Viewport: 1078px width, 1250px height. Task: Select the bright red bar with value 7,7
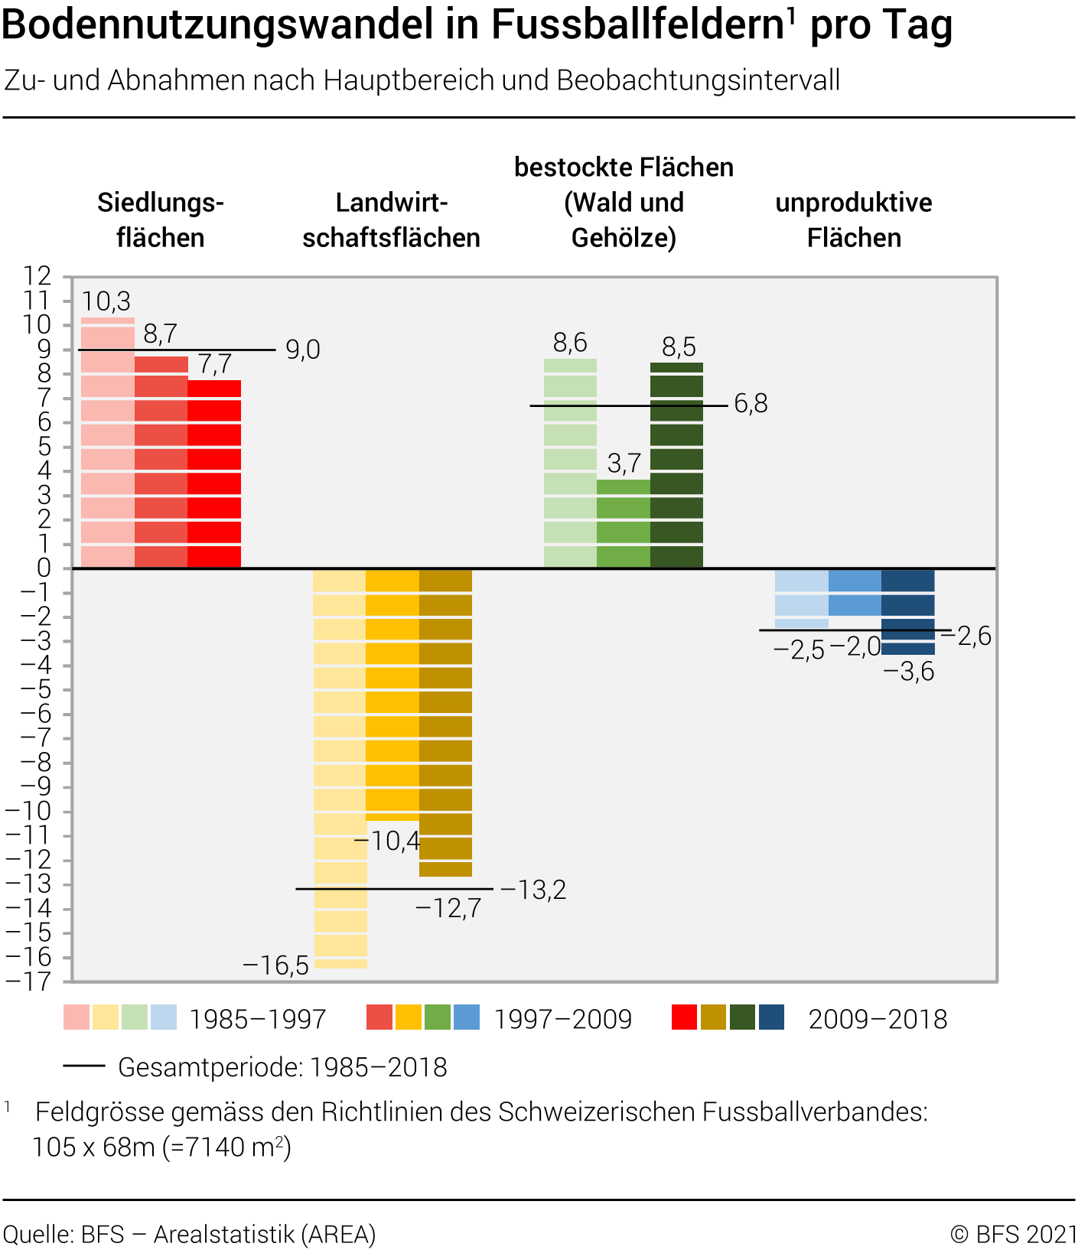214,474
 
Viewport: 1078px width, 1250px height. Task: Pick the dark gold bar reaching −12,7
446,722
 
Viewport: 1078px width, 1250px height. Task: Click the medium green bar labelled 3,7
624,524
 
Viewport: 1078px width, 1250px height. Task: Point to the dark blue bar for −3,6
908,611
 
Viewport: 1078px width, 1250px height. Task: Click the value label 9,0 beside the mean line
303,350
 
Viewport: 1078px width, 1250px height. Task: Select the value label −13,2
533,890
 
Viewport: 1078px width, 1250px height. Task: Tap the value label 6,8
751,404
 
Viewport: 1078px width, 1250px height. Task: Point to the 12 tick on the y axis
37,276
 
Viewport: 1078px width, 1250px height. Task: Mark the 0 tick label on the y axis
44,568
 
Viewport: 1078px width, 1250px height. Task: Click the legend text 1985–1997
258,1019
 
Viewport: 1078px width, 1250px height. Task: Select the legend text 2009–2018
878,1019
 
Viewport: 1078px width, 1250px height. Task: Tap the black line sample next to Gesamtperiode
84,1066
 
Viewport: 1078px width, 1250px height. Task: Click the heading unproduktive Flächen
854,220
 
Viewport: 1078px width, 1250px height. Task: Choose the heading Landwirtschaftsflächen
391,220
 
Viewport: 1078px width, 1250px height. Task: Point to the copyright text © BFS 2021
1013,1234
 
